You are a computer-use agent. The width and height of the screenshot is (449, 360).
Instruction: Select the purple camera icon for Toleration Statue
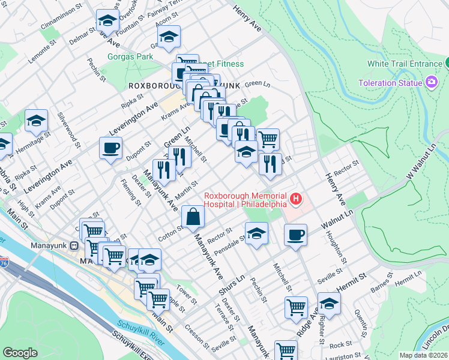coord(431,82)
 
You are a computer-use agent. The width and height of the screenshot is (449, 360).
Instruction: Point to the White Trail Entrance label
coord(405,64)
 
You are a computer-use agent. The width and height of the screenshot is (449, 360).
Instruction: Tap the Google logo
coord(20,353)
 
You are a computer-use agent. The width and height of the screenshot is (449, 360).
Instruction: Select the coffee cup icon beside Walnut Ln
coord(295,235)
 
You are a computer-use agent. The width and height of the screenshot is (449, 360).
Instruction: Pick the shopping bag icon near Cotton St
coord(193,217)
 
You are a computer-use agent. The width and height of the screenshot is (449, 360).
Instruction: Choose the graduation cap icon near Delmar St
coord(107,21)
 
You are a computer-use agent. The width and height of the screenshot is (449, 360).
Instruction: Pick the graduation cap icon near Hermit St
coord(329,304)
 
